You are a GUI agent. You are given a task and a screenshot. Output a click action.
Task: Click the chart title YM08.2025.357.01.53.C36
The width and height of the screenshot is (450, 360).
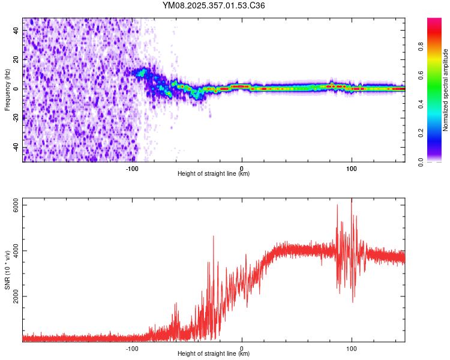[x=214, y=5]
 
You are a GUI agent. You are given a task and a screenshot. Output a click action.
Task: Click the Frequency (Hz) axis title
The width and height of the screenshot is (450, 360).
[x=7, y=89]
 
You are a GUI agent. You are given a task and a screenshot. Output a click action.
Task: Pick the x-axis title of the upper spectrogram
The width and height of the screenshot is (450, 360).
[x=214, y=174]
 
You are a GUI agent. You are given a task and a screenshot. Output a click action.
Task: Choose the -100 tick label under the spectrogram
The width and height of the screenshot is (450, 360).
[x=132, y=168]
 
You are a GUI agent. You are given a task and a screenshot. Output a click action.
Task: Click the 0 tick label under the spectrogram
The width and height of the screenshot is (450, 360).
[x=242, y=168]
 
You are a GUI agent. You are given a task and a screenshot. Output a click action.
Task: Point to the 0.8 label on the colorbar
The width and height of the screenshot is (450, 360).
[x=422, y=46]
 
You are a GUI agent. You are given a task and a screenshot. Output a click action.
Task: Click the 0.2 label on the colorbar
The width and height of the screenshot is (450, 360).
[x=422, y=133]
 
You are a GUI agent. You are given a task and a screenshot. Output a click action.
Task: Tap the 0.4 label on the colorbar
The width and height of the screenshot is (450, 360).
[x=422, y=104]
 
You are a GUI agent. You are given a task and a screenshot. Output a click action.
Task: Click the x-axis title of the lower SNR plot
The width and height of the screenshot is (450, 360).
[x=214, y=354]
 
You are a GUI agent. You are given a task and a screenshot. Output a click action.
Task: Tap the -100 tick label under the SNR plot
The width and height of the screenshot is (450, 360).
[x=132, y=348]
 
